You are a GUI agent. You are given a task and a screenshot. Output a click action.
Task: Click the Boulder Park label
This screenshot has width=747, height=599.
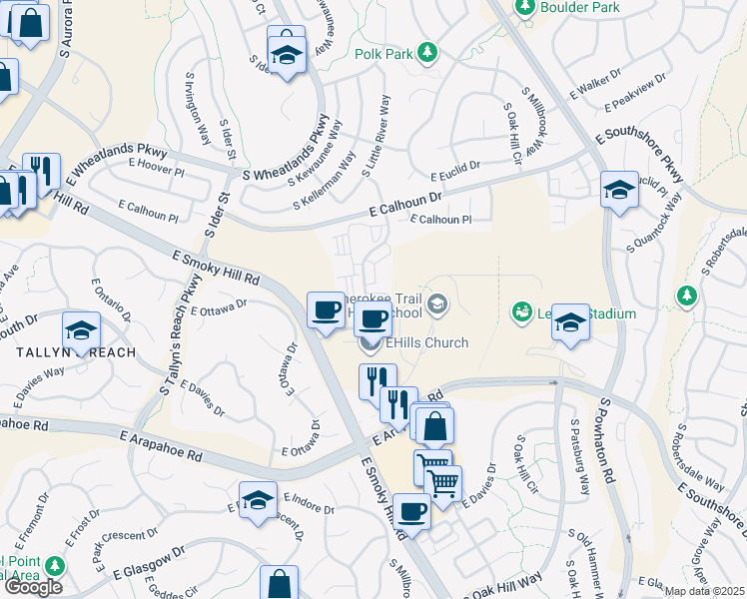pyautogui.click(x=579, y=7)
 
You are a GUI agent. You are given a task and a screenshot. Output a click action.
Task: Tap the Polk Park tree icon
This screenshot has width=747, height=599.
pyautogui.click(x=427, y=51)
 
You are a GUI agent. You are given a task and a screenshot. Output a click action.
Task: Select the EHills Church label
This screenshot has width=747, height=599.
pyautogui.click(x=426, y=343)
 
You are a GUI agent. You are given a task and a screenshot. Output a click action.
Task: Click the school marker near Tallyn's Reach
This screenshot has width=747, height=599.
pyautogui.click(x=82, y=329)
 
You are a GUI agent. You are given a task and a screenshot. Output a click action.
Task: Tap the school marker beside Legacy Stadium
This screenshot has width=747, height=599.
pyautogui.click(x=570, y=321)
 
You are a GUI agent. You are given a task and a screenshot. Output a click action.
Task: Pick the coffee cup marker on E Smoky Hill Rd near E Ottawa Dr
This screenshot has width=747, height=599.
pyautogui.click(x=325, y=309)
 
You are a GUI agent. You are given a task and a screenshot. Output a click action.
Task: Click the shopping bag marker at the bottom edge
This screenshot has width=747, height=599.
pyautogui.click(x=280, y=583)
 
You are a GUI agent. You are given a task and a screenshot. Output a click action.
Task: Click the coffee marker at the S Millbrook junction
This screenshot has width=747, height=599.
pyautogui.click(x=411, y=512)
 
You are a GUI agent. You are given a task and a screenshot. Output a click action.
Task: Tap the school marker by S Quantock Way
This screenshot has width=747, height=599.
pyautogui.click(x=619, y=190)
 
